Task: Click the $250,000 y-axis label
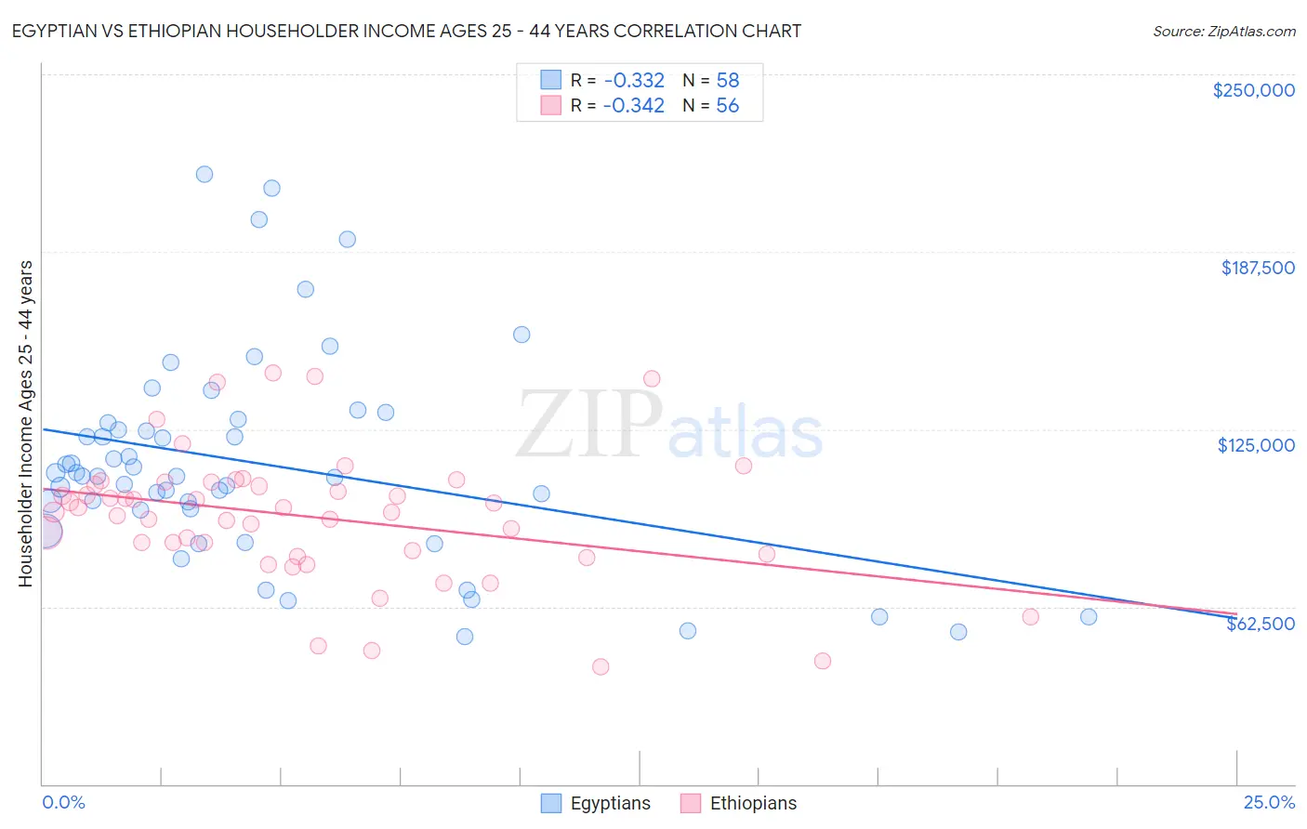(1253, 90)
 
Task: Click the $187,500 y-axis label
(1257, 268)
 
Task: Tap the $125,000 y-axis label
(1256, 445)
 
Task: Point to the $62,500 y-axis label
(1260, 624)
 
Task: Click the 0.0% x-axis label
(63, 802)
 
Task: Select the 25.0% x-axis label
(1269, 802)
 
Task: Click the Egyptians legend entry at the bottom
(610, 803)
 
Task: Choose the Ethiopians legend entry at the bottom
(753, 803)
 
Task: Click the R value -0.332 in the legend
(633, 80)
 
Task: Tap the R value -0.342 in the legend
(633, 106)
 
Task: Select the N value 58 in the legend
(727, 80)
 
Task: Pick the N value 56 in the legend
(727, 106)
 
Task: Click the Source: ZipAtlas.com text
(1223, 31)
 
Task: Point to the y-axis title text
(25, 423)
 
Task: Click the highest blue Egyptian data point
(205, 174)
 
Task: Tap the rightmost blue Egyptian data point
(1089, 616)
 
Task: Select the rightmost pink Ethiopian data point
(1030, 616)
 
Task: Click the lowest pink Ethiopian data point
(601, 666)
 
